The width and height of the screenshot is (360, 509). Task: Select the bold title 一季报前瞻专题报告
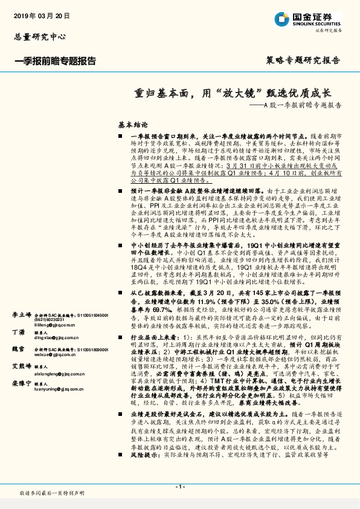coord(54,60)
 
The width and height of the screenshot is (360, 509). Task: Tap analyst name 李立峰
coord(22,315)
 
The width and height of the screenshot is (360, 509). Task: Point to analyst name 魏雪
coord(18,349)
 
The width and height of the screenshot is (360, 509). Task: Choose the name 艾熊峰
coord(22,367)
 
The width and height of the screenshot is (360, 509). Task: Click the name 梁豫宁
coord(22,384)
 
